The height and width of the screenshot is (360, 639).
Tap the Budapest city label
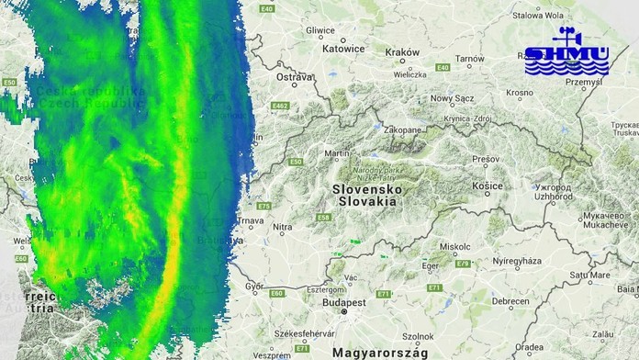[x=344, y=301]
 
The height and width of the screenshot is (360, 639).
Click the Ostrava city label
[x=294, y=78]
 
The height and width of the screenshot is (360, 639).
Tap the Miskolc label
[x=455, y=247]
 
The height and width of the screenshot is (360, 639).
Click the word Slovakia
[x=367, y=199]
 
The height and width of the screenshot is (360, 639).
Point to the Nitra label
[x=283, y=227]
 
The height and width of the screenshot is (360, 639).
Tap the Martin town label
[x=338, y=153]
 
